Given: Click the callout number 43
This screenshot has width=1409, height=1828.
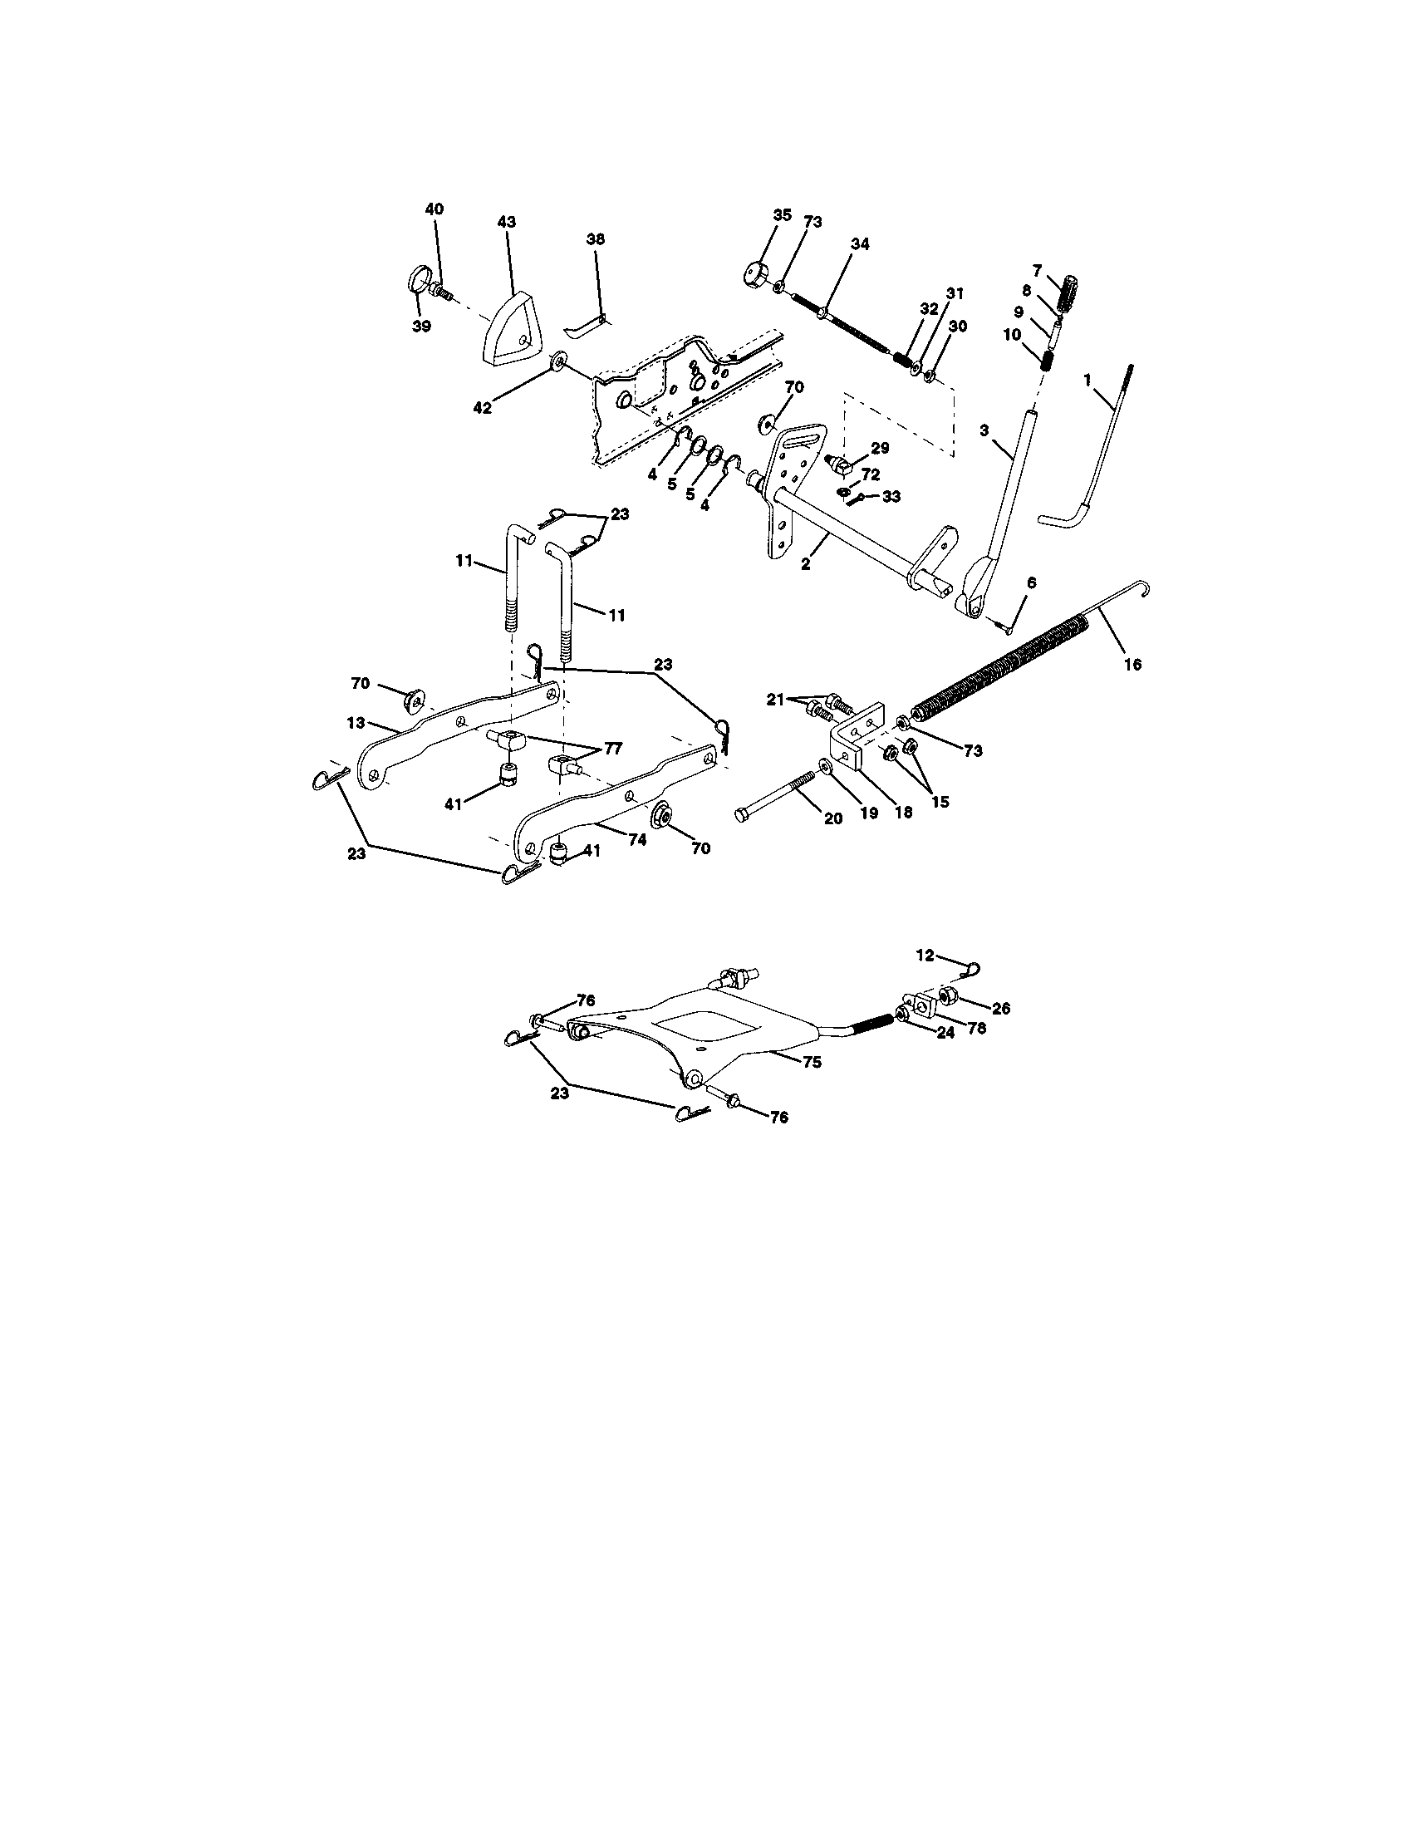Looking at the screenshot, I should coord(506,223).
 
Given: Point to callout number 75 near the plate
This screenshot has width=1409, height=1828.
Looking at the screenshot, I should coord(811,1062).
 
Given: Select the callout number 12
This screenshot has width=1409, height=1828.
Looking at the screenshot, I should coord(924,955).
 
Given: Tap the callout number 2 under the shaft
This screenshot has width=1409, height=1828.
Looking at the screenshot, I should coord(805,564).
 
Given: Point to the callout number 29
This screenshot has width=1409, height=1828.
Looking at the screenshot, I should coord(879,448).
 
